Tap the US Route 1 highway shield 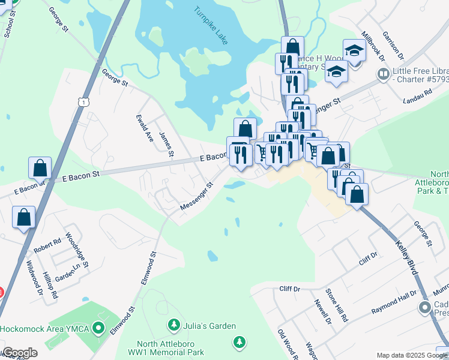tap(82, 103)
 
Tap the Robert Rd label tap(47, 245)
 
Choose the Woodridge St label tap(77, 250)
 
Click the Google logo tap(19, 353)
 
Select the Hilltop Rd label tap(50, 286)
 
